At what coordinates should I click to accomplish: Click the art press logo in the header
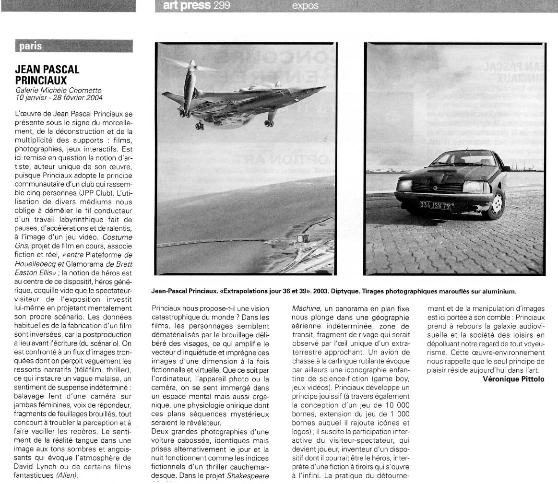(x=187, y=6)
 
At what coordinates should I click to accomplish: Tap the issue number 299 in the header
(x=222, y=6)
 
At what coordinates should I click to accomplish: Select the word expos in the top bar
(x=305, y=6)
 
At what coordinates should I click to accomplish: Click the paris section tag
(x=31, y=47)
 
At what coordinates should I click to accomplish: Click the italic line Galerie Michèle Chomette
(x=59, y=90)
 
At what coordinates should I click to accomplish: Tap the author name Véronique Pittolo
(x=513, y=379)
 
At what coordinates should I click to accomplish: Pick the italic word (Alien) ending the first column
(x=67, y=475)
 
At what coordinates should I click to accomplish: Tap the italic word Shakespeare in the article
(x=249, y=475)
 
